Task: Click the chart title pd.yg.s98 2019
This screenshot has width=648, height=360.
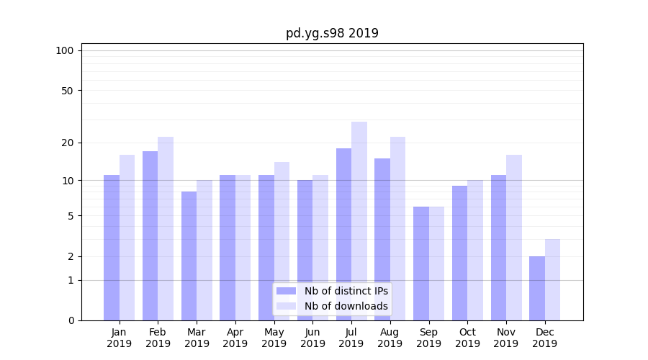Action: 332,33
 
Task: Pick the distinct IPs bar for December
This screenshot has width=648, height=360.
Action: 537,288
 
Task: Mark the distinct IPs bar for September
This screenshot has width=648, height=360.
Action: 421,263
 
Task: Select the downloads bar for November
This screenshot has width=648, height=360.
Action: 514,237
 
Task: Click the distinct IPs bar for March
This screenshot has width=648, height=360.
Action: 189,256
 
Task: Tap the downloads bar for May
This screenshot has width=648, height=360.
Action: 282,240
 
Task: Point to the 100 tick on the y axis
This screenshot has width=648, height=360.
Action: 65,50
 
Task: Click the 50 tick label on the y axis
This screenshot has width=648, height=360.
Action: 67,91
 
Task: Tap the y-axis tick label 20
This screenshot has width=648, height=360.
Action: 67,143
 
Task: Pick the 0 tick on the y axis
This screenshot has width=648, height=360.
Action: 71,320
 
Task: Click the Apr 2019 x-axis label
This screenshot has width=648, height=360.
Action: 235,338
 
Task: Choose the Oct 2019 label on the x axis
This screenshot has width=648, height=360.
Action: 467,338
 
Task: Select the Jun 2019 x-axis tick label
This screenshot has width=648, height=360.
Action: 312,338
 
